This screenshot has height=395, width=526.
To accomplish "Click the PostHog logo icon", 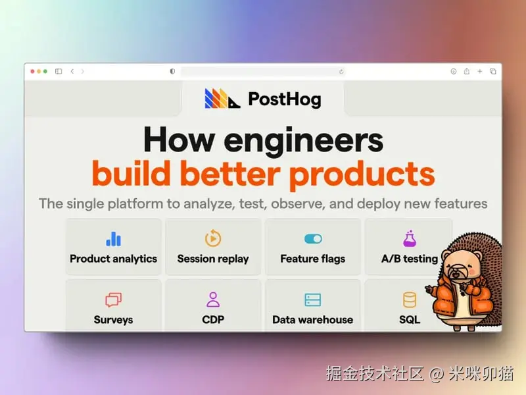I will [x=222, y=99].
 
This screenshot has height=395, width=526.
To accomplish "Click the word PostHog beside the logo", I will [x=284, y=99].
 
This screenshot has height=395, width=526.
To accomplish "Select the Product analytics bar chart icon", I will [x=113, y=238].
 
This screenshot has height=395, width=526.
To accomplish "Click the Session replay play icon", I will [x=213, y=238].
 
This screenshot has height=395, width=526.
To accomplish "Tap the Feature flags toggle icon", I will [x=313, y=238].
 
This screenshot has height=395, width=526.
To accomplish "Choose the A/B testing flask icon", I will [x=410, y=238].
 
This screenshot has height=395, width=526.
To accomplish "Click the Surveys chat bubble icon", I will [x=113, y=300].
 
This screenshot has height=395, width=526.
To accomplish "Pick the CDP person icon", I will [x=213, y=300].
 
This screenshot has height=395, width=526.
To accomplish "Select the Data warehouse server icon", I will [x=313, y=300].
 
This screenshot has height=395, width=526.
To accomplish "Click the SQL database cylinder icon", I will [x=410, y=300].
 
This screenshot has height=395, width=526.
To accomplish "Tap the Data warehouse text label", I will [x=313, y=320].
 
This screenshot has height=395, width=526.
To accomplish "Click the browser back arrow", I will [x=72, y=71].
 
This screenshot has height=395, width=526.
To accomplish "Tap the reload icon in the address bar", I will [x=341, y=71].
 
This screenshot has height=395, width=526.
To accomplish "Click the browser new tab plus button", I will [x=480, y=71].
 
